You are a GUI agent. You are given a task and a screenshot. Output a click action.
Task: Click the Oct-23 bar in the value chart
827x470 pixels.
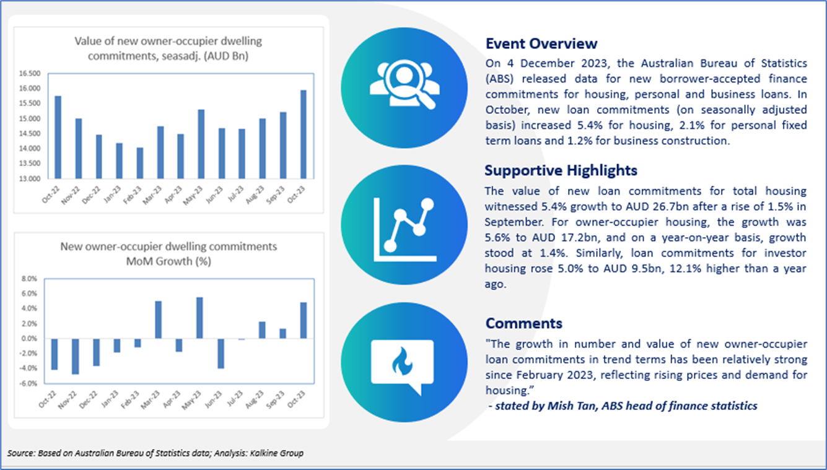[304, 134]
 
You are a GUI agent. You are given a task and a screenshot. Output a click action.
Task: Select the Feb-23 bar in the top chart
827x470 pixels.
[140, 163]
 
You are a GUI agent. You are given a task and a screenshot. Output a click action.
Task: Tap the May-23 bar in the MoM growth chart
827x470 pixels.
[199, 318]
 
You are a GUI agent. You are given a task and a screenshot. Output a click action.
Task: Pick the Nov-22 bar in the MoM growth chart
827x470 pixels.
[76, 357]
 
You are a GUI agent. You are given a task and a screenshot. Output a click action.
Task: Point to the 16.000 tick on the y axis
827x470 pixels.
[30, 89]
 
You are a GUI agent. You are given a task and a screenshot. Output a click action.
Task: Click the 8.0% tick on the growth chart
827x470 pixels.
[30, 279]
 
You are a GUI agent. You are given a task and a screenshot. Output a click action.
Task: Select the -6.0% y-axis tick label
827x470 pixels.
[28, 383]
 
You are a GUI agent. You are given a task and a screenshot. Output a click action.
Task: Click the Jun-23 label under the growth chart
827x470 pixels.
[214, 399]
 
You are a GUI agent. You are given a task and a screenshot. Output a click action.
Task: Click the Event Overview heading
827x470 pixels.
[541, 43]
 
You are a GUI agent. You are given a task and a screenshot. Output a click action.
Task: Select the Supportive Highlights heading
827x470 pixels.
[561, 170]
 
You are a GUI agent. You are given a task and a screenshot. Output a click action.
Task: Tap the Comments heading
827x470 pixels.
[523, 323]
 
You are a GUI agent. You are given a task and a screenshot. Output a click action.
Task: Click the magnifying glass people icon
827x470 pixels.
[405, 84]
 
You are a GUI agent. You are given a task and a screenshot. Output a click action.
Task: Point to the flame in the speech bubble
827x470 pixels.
[402, 362]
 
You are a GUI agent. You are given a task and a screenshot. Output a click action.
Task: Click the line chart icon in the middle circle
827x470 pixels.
[405, 230]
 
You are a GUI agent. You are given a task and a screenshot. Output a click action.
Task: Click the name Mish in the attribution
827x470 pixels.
[559, 406]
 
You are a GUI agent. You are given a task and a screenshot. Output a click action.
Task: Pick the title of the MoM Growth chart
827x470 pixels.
[168, 254]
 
